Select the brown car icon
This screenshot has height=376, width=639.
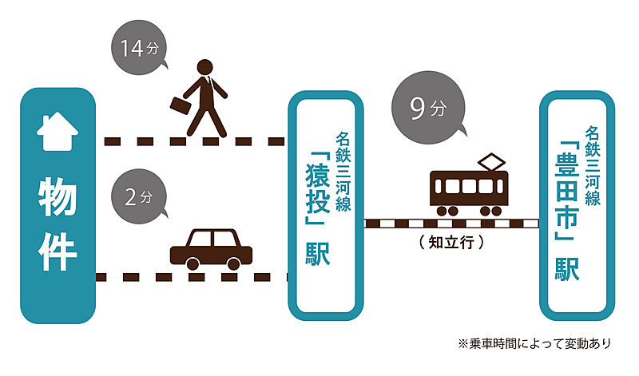click(x=212, y=249)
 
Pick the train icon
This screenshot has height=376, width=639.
click(x=469, y=188)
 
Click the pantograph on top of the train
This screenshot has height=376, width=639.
click(x=490, y=163)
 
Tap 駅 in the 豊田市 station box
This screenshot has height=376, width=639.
click(x=568, y=267)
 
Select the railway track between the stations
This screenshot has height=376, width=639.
click(x=451, y=223)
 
